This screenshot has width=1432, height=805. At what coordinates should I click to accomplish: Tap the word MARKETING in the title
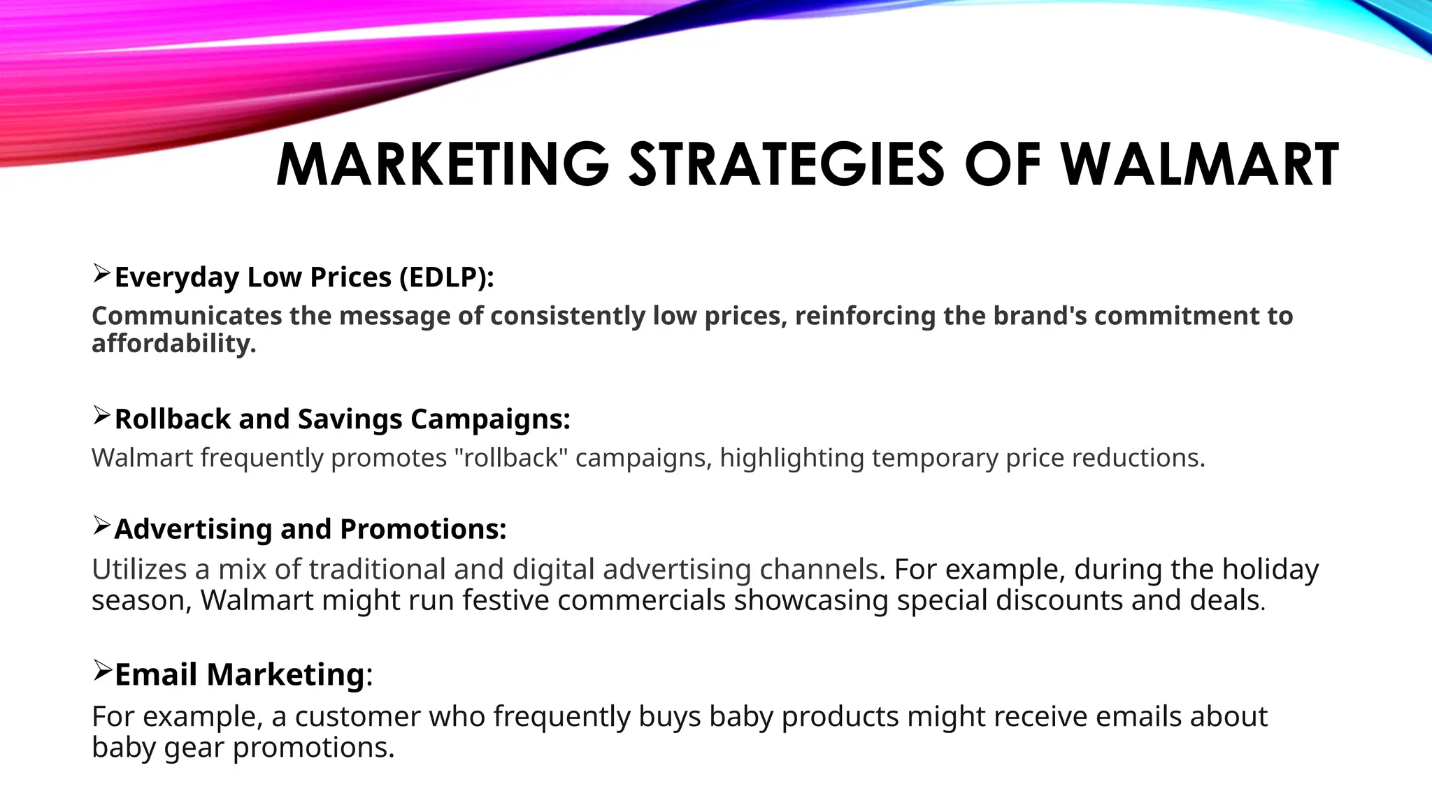point(443,165)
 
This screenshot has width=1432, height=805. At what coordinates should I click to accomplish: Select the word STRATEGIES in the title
point(787,165)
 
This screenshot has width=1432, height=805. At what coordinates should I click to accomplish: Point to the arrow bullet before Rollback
point(101,416)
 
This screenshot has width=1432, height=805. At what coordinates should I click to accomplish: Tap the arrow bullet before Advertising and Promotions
point(101,525)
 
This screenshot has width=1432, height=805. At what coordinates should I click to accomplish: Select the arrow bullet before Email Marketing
point(102,671)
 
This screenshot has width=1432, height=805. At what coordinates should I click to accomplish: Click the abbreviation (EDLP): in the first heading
point(447,277)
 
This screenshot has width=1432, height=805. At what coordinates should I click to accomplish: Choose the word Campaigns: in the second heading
point(490,419)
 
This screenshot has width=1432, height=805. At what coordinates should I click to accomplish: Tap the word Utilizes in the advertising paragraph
point(139,569)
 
